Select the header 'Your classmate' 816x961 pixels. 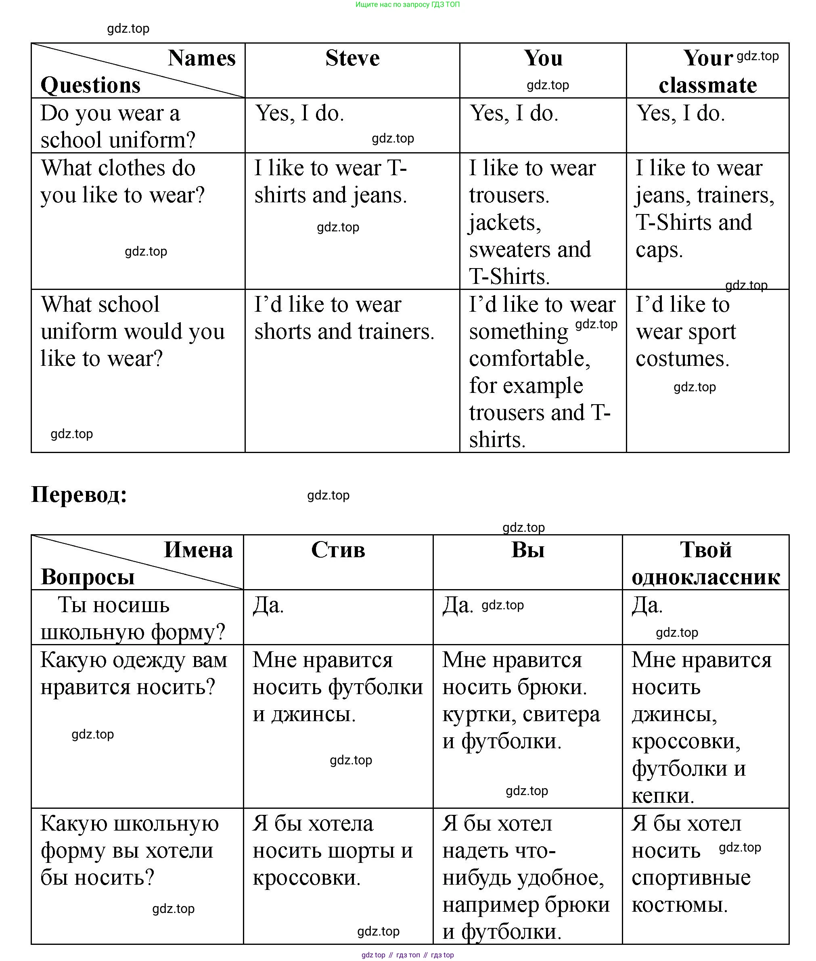coord(707,72)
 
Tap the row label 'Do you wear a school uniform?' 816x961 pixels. coord(117,126)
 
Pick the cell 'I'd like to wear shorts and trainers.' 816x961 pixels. coord(344,318)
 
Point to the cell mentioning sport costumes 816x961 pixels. coord(686,332)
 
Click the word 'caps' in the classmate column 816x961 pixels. coord(658,250)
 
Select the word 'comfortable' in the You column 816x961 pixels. coord(529,359)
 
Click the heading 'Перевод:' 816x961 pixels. coord(79,494)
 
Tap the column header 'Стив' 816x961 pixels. coord(338,550)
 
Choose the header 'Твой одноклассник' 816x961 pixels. coord(705,563)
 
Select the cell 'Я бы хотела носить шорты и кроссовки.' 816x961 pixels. coord(333,850)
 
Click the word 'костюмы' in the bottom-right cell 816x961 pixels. coord(679,904)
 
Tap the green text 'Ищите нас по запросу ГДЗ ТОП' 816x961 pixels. coord(407,4)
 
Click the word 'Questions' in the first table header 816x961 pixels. coord(90,85)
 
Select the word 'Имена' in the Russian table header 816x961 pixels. coord(198,550)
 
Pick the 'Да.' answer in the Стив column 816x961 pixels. coord(268,605)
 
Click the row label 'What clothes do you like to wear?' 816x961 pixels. coord(122,181)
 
